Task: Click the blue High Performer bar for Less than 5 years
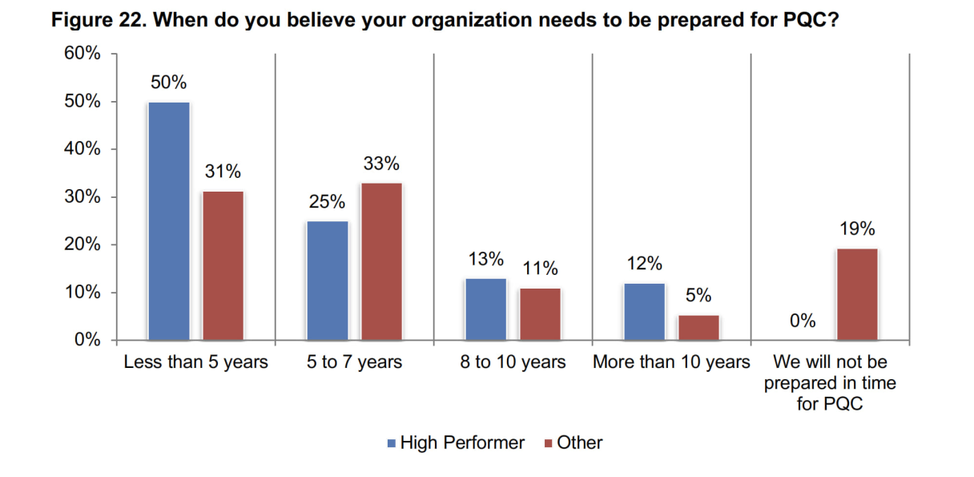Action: (168, 220)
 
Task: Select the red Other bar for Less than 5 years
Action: (223, 265)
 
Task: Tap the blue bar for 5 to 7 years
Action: (327, 280)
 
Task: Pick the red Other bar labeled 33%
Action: (381, 261)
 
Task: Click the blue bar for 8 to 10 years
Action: (485, 309)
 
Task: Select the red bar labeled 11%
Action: (540, 313)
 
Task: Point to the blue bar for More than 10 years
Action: (644, 311)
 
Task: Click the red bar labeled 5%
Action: (698, 327)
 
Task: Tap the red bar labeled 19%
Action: (857, 294)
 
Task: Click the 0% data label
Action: (803, 321)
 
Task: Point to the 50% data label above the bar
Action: (169, 83)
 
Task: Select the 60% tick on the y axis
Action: (83, 54)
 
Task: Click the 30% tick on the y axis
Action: (83, 197)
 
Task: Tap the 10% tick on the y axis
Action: (83, 293)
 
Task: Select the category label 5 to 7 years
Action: (354, 362)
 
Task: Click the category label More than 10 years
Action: (671, 362)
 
